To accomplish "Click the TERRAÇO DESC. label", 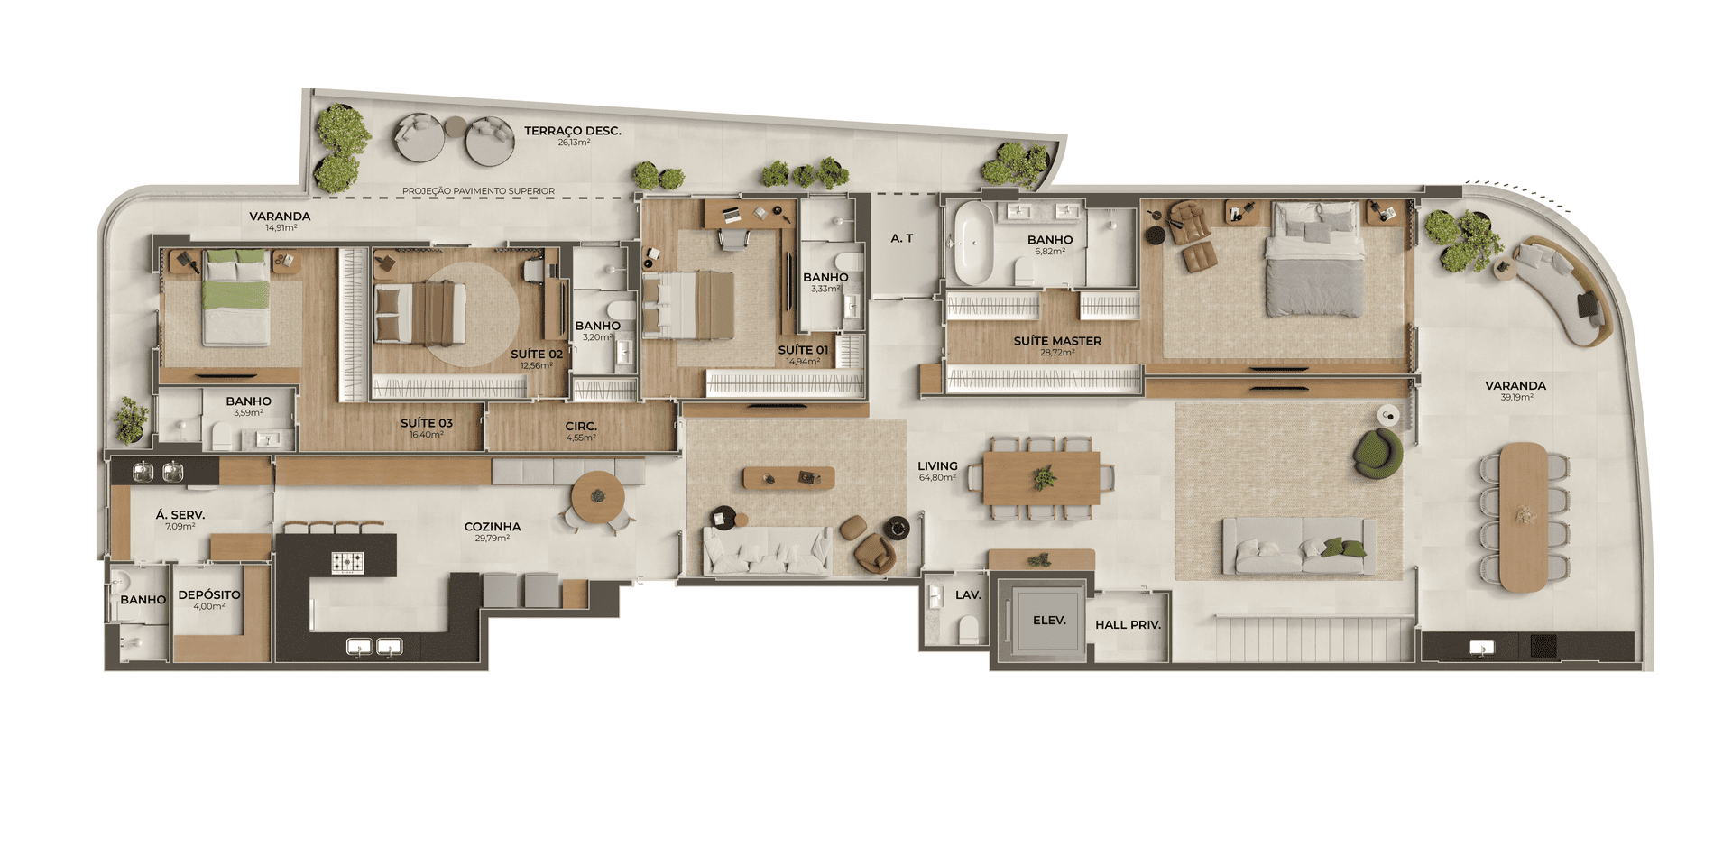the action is click(x=573, y=131).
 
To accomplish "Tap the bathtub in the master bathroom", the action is click(x=973, y=242).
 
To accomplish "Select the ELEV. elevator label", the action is click(x=1049, y=621).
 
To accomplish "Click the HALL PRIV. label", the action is click(x=1128, y=624).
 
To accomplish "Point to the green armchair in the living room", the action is click(x=1377, y=453).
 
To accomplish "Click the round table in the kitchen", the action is click(x=597, y=496).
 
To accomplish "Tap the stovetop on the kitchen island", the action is click(x=347, y=563).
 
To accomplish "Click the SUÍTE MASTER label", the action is click(x=1057, y=341).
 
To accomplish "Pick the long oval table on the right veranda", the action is click(x=1524, y=517).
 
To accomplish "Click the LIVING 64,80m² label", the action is click(x=938, y=471).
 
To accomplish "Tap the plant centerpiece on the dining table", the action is click(x=1044, y=477).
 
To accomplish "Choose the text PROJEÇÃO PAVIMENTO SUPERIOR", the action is click(x=478, y=191).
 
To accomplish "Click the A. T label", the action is click(x=902, y=238).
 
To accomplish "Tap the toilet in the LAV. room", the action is click(x=968, y=628).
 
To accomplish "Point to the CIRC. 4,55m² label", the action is click(x=581, y=431).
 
